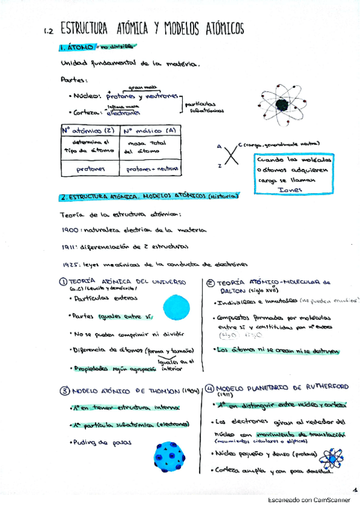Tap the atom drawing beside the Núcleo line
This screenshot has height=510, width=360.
point(281,103)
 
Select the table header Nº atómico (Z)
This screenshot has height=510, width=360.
point(89,130)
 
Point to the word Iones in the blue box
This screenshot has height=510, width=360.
point(290,189)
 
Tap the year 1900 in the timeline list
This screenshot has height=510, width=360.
point(69,230)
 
